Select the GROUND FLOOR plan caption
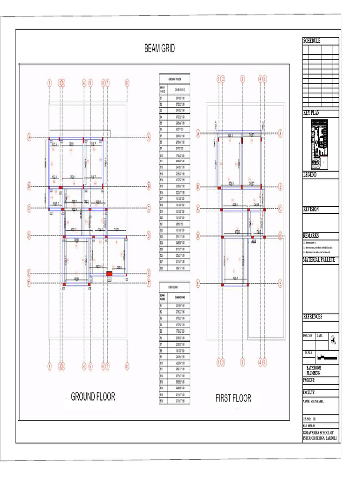tap(93, 397)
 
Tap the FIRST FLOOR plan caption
tap(233, 398)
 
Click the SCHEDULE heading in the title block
tap(312, 41)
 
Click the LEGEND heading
tap(310, 174)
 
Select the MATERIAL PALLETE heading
tap(319, 259)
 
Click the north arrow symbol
tap(333, 341)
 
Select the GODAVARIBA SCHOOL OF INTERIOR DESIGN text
tap(320, 435)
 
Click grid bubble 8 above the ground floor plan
tap(127, 83)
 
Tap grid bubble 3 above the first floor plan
tap(242, 79)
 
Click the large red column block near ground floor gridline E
tap(109, 274)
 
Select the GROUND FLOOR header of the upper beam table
tap(168, 81)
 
